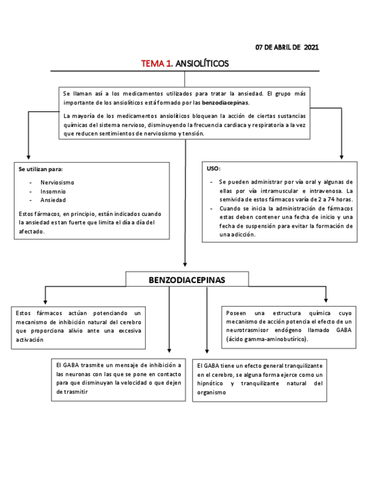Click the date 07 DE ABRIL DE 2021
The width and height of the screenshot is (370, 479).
(287, 47)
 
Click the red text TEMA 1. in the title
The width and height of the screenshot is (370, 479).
(157, 64)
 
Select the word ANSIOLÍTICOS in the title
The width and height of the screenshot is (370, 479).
(202, 64)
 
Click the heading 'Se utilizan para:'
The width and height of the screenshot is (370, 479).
(41, 169)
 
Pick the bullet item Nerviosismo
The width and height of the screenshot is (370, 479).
(57, 182)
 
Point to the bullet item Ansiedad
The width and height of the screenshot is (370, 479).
(53, 200)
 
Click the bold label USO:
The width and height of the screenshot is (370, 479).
(214, 169)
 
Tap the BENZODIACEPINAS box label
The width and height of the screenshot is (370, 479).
(187, 280)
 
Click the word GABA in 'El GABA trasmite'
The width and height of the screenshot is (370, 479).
(70, 365)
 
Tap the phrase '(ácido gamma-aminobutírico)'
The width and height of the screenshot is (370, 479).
(267, 339)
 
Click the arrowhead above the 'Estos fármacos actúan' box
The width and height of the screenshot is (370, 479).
(45, 301)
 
